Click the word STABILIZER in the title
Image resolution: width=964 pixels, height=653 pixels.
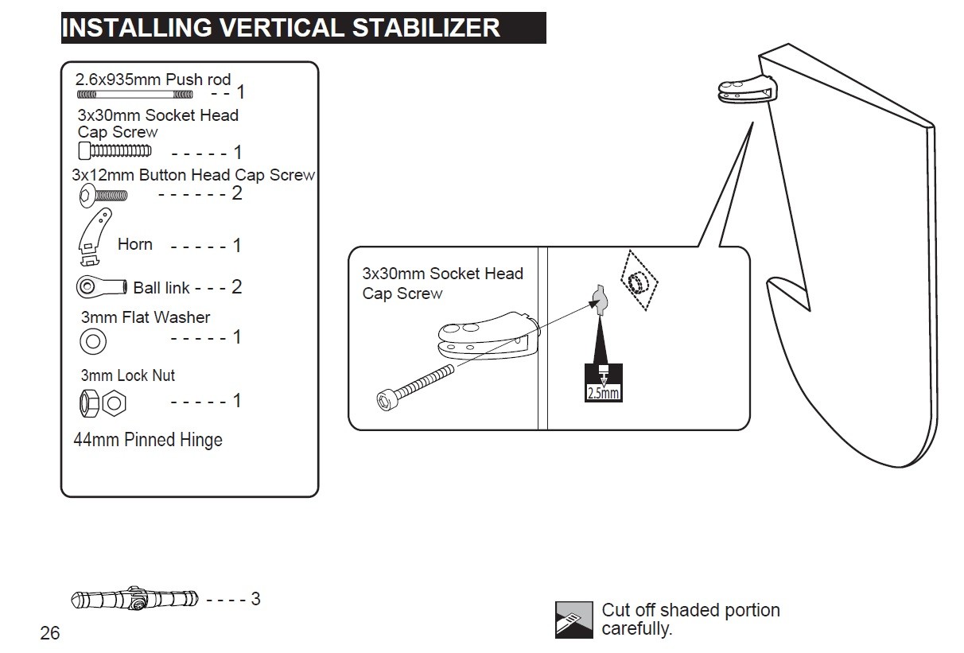(426, 28)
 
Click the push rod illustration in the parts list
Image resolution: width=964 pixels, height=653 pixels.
(134, 95)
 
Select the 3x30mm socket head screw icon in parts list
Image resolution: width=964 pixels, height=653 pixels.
(115, 150)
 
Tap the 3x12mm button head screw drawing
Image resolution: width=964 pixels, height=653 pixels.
(103, 196)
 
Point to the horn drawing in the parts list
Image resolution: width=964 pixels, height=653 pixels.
(95, 236)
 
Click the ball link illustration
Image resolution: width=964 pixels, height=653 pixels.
(102, 286)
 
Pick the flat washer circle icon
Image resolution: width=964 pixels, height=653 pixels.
(93, 341)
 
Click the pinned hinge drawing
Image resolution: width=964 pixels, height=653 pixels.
(134, 598)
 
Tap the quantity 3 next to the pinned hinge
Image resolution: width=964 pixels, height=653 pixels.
(255, 599)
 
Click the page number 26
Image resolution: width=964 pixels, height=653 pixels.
(50, 633)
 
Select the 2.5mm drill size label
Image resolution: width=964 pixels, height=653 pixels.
(604, 393)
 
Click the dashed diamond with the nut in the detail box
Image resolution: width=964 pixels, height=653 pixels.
(639, 280)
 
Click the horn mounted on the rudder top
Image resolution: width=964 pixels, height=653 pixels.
(747, 89)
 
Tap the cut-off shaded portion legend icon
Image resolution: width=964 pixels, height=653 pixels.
(573, 620)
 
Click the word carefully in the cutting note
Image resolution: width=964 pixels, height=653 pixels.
(636, 629)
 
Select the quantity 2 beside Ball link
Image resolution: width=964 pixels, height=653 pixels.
(237, 286)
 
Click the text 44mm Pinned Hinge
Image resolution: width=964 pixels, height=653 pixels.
(148, 440)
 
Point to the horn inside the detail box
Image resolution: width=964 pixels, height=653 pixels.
(489, 336)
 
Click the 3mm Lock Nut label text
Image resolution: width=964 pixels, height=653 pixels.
(128, 375)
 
